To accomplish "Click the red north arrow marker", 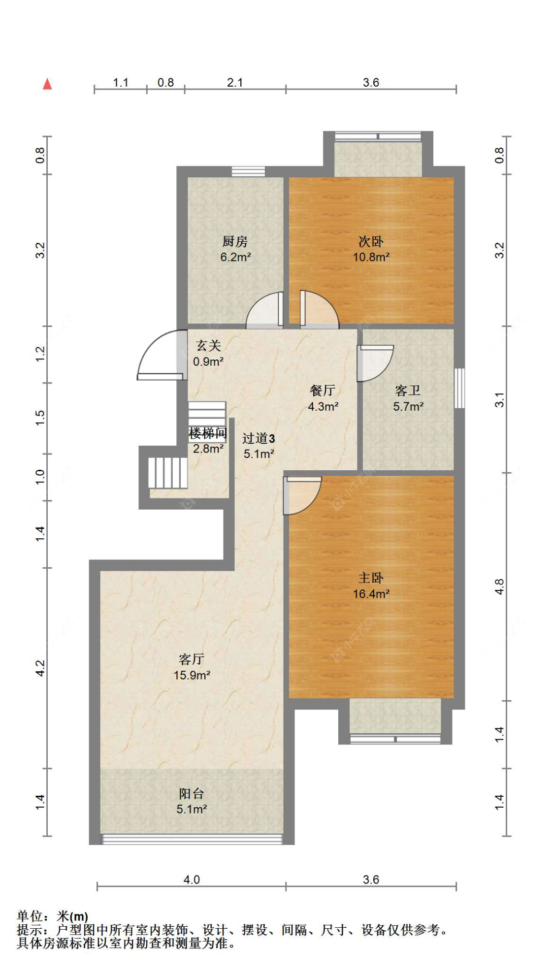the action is (x=47, y=84).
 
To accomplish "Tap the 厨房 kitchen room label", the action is (x=235, y=241).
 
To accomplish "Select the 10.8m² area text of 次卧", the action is (x=371, y=257).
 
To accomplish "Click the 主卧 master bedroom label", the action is (x=371, y=578).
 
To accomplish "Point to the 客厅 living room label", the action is (x=192, y=659).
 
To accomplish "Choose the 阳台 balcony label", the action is (x=192, y=793).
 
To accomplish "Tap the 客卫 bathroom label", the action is (x=408, y=390).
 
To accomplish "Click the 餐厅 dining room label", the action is (x=323, y=390).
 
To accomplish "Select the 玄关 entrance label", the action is (x=208, y=346).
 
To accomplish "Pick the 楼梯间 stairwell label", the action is (x=208, y=433).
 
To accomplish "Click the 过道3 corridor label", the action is (x=259, y=438).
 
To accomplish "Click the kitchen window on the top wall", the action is (x=248, y=171).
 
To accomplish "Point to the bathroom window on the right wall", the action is (x=459, y=388).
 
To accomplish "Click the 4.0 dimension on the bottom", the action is (x=192, y=879).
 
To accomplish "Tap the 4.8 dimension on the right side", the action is (x=499, y=586).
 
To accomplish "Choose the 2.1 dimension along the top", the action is (x=235, y=83).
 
